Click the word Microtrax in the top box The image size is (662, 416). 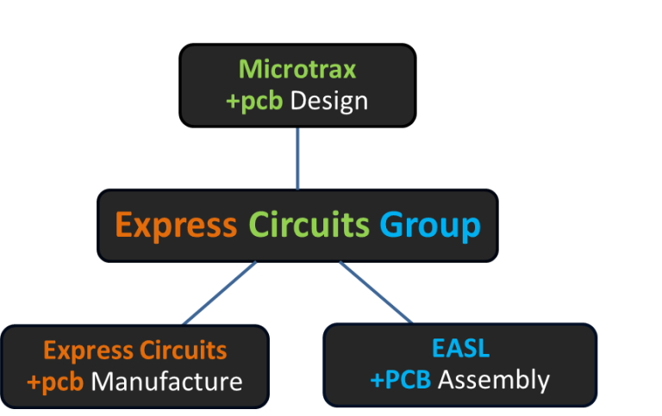pos(297,69)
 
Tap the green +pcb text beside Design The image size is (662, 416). pos(254,102)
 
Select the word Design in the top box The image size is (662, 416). pos(328,101)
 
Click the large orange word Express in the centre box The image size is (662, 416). pos(176,226)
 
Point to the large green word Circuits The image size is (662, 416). pos(309,226)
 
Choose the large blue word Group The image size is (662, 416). pos(429,227)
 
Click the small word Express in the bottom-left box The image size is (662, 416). pos(87,351)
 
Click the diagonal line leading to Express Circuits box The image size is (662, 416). pos(219,293)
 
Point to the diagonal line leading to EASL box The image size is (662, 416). pos(377,293)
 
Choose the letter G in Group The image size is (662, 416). pos(393,226)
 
